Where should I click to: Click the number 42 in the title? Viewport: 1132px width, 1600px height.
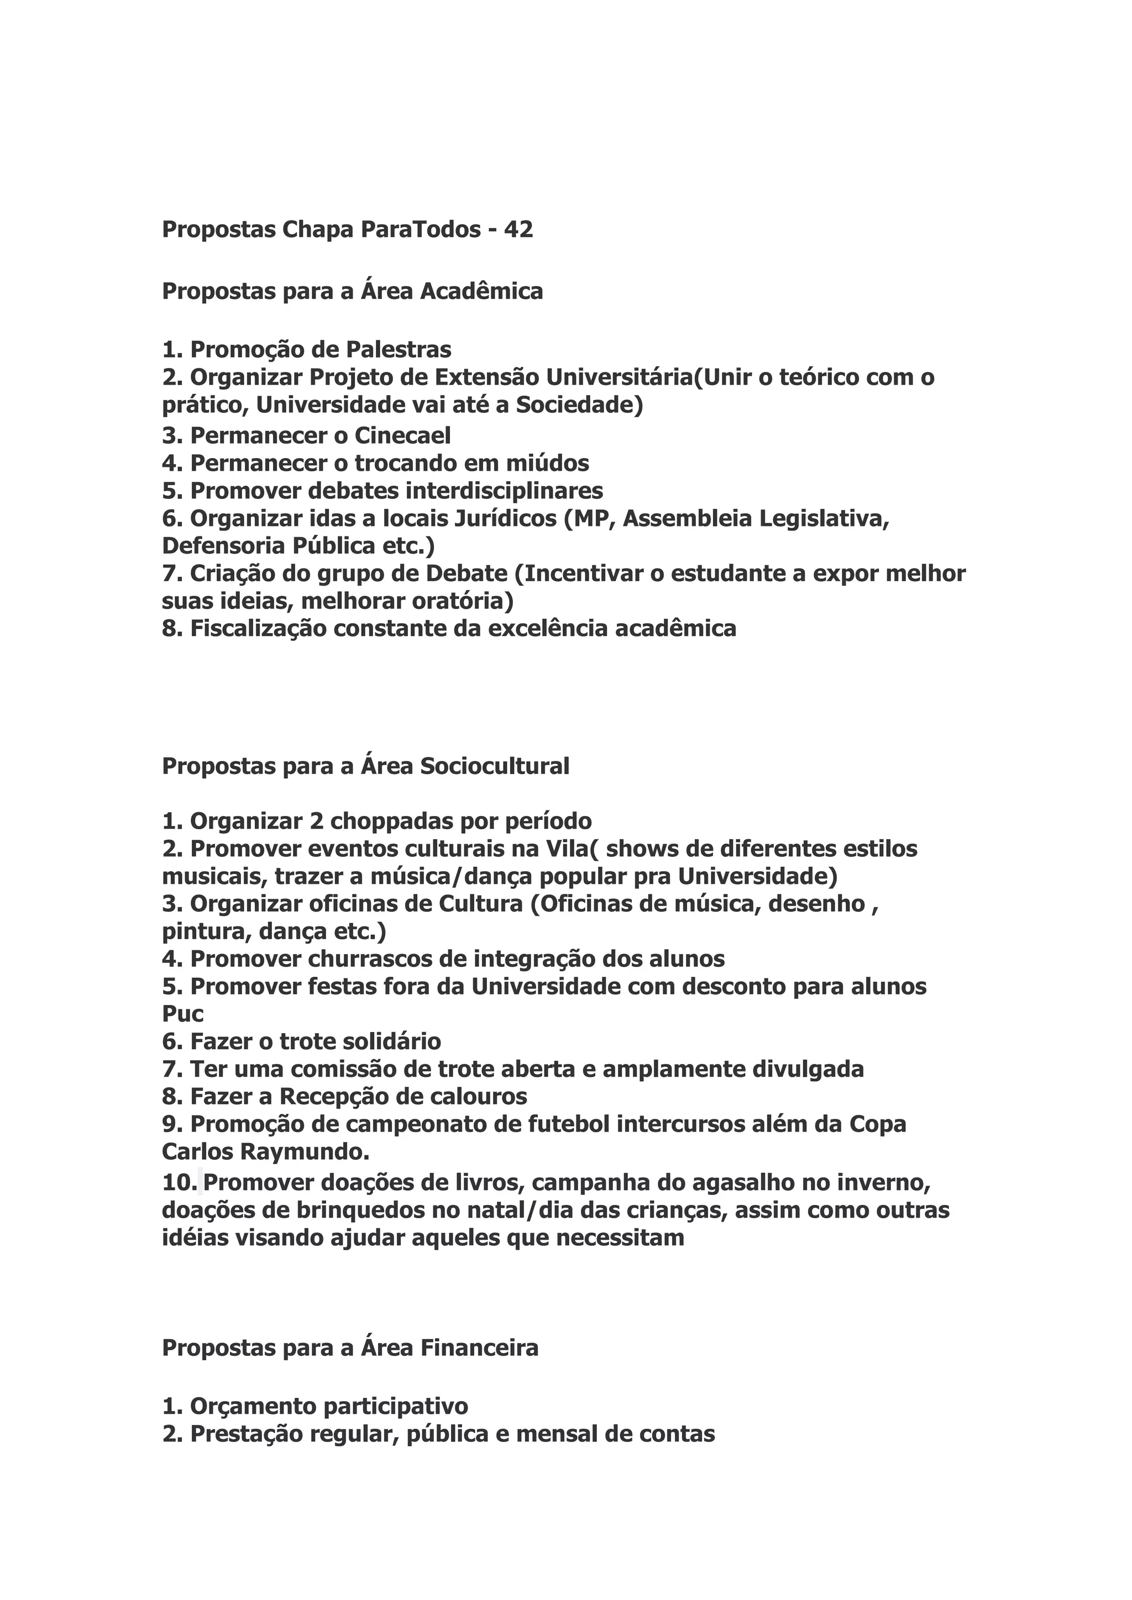[518, 229]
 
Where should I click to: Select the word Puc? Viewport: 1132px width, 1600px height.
[182, 1014]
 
